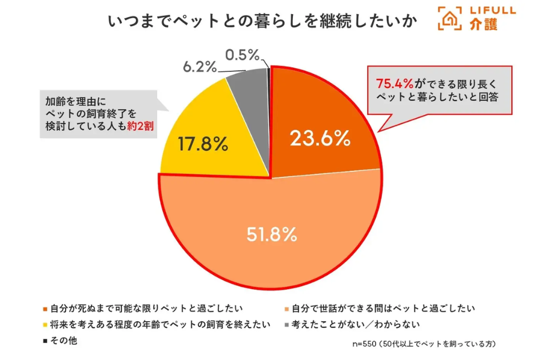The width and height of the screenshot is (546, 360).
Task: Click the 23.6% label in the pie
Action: point(320,138)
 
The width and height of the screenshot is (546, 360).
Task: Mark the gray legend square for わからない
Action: point(286,325)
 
